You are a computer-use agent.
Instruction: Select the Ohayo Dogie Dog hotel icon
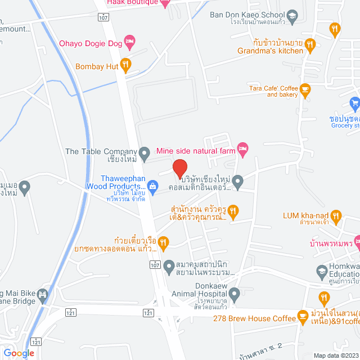pos(130,42)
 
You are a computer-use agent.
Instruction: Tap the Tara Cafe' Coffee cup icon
pos(305,88)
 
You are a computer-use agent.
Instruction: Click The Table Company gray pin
pos(145,151)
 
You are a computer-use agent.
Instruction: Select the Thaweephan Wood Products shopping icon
pos(152,186)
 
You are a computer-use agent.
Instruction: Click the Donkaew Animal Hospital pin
pos(236,292)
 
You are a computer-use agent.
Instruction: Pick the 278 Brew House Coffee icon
pos(303,315)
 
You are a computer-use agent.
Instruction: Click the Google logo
pos(19,353)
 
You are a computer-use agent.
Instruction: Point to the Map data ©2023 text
pos(335,355)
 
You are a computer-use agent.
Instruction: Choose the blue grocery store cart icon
pos(354,103)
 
